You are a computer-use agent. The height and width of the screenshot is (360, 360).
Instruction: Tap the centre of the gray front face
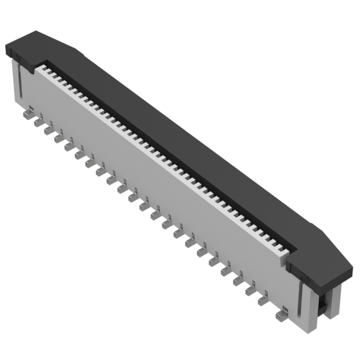click(157, 186)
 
